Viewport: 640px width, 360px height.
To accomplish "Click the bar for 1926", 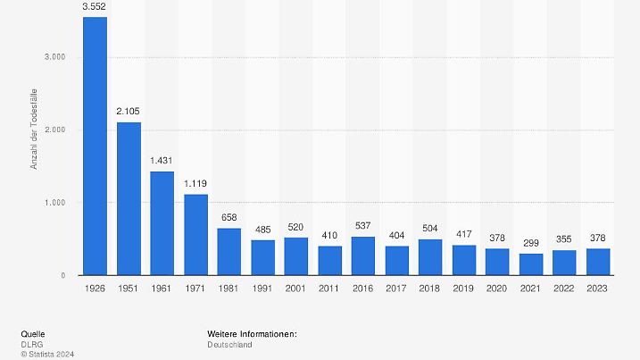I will point(95,146).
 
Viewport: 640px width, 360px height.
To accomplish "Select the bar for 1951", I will point(129,198).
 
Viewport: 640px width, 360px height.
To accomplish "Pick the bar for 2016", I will point(363,255).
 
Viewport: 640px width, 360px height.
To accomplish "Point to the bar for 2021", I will point(531,264).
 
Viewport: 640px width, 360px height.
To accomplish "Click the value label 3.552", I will point(95,8).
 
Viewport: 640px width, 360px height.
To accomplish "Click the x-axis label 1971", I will point(195,289).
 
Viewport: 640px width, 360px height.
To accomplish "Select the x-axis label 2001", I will point(296,289).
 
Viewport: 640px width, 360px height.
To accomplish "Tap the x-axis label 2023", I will point(598,289).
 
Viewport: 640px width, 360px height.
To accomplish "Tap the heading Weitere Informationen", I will point(252,334).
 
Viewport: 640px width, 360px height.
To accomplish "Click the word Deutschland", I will point(230,344).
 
